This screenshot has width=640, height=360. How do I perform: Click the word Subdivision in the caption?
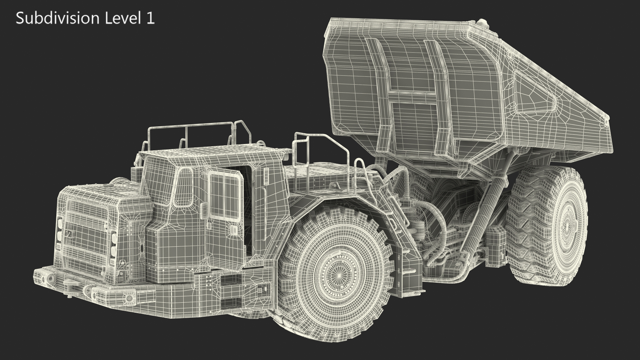(58, 18)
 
